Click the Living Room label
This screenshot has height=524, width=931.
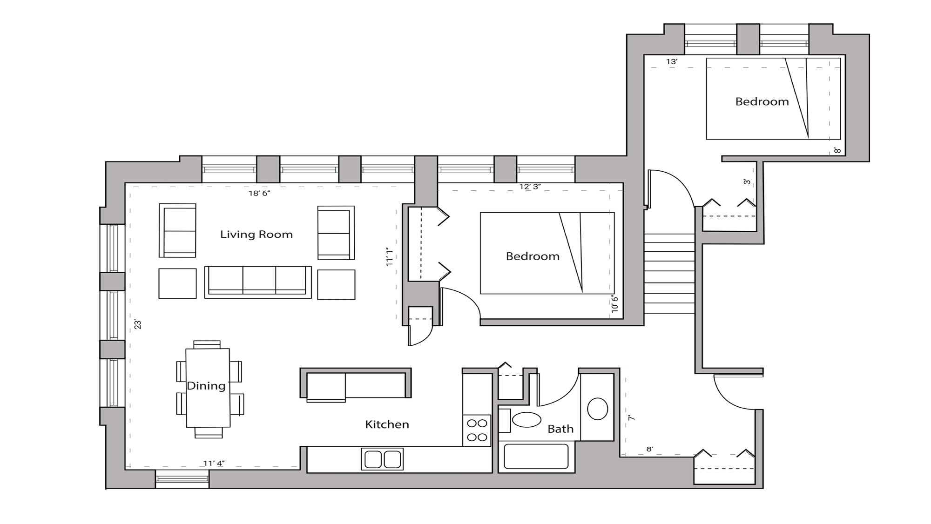click(256, 235)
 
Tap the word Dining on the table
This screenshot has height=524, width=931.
click(206, 386)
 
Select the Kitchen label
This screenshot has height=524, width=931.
click(387, 424)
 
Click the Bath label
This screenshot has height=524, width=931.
click(560, 429)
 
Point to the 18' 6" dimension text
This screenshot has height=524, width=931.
click(259, 193)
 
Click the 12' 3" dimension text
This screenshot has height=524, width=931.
click(530, 187)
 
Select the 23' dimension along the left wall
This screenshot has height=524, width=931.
click(138, 324)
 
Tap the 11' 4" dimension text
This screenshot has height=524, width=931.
click(214, 463)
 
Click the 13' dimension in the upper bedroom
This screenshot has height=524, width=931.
click(671, 61)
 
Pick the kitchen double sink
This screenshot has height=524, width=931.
click(382, 459)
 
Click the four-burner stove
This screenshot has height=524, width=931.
click(477, 430)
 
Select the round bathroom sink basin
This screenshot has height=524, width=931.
click(597, 409)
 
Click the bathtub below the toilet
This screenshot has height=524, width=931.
click(536, 457)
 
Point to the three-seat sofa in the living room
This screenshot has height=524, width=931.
click(258, 282)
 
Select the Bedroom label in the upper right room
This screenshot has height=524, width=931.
click(762, 101)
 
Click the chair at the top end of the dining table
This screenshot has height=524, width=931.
click(207, 344)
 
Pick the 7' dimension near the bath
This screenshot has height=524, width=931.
click(631, 418)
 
